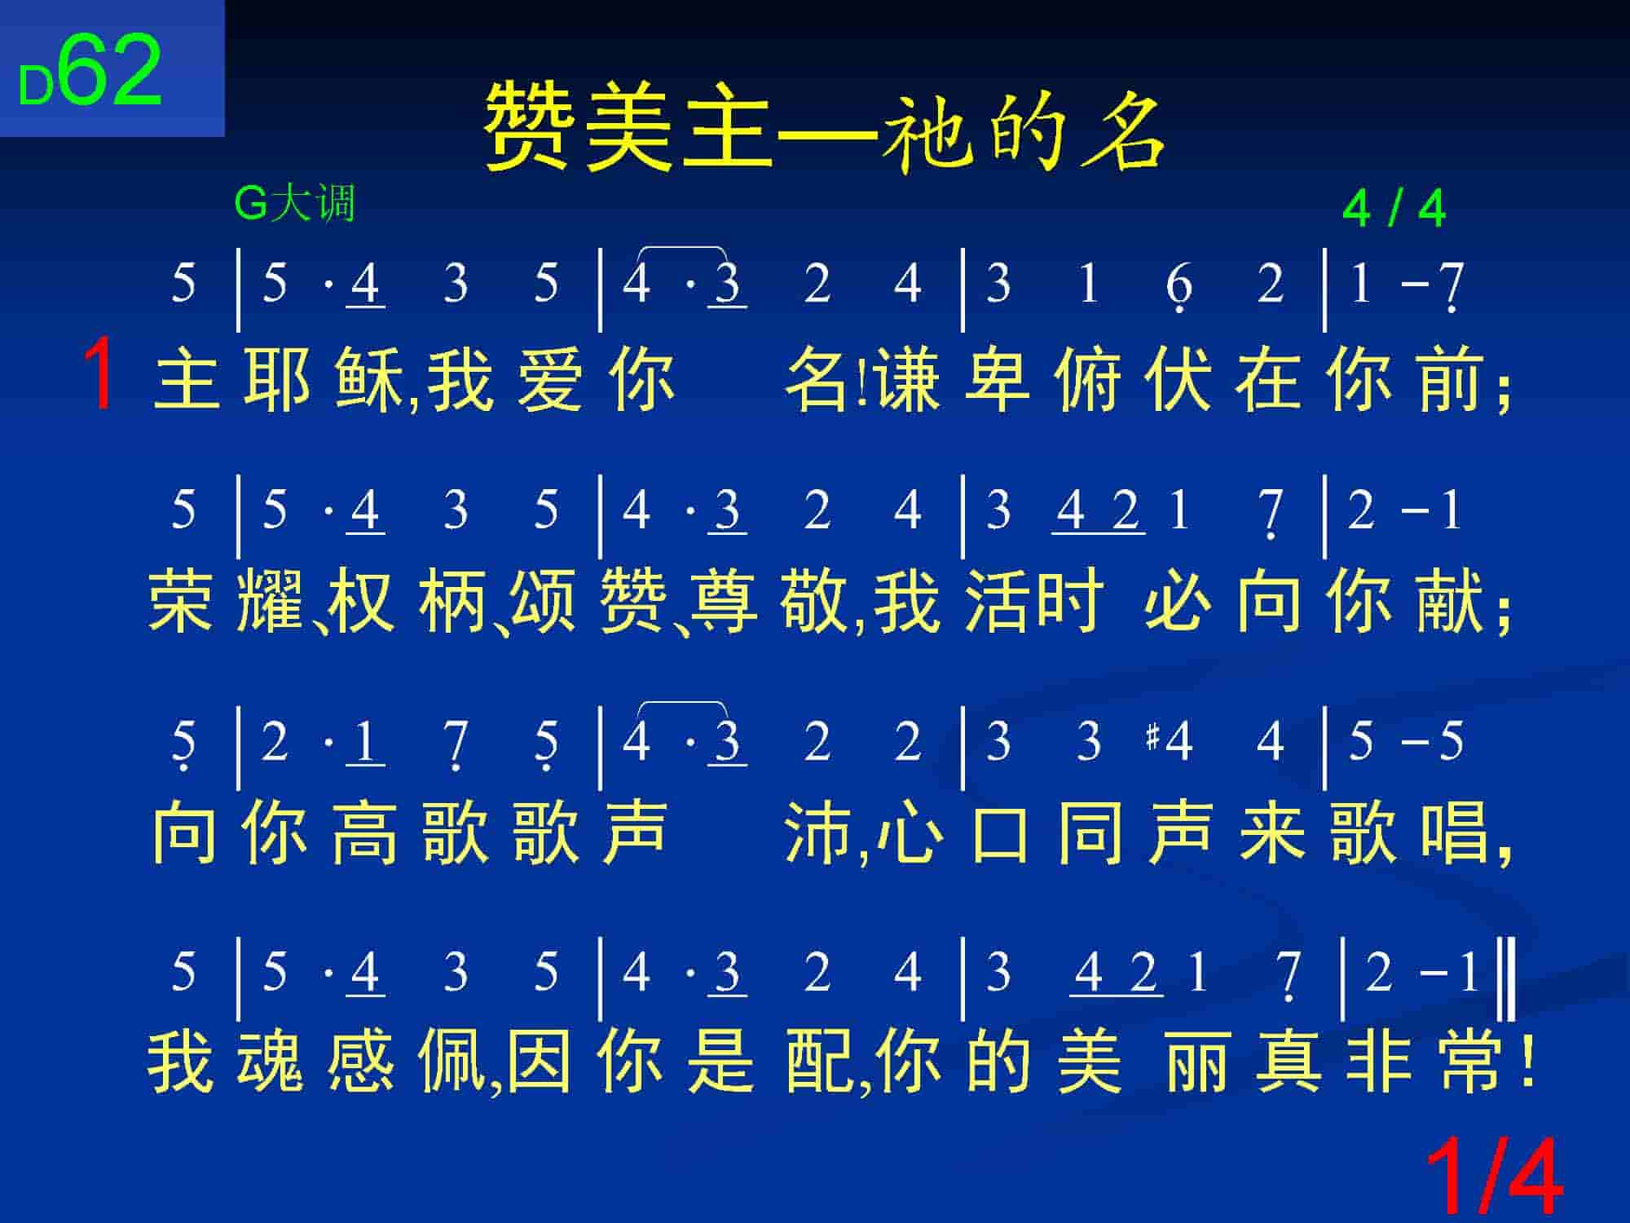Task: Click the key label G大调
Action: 295,203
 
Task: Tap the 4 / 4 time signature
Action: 1394,210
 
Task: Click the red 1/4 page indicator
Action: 1494,1177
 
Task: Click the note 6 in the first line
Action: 1179,286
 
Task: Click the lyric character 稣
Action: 368,380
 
